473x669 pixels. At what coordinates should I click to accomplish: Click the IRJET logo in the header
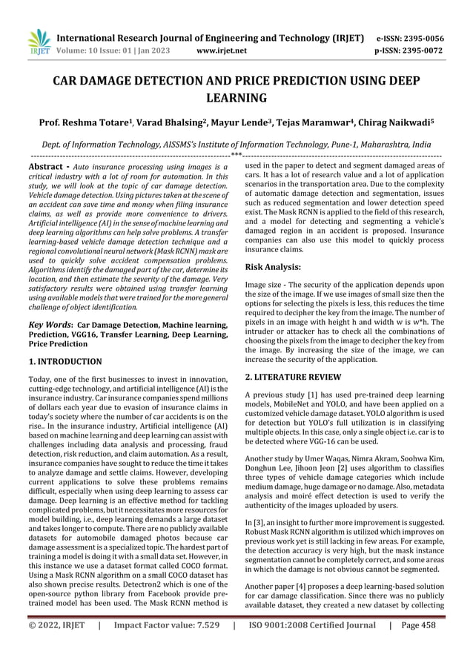coord(37,44)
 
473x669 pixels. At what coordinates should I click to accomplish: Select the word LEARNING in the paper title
coord(236,98)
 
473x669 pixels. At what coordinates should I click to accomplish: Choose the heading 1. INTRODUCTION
coord(65,362)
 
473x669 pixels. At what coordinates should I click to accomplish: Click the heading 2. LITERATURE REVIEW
coord(294,377)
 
